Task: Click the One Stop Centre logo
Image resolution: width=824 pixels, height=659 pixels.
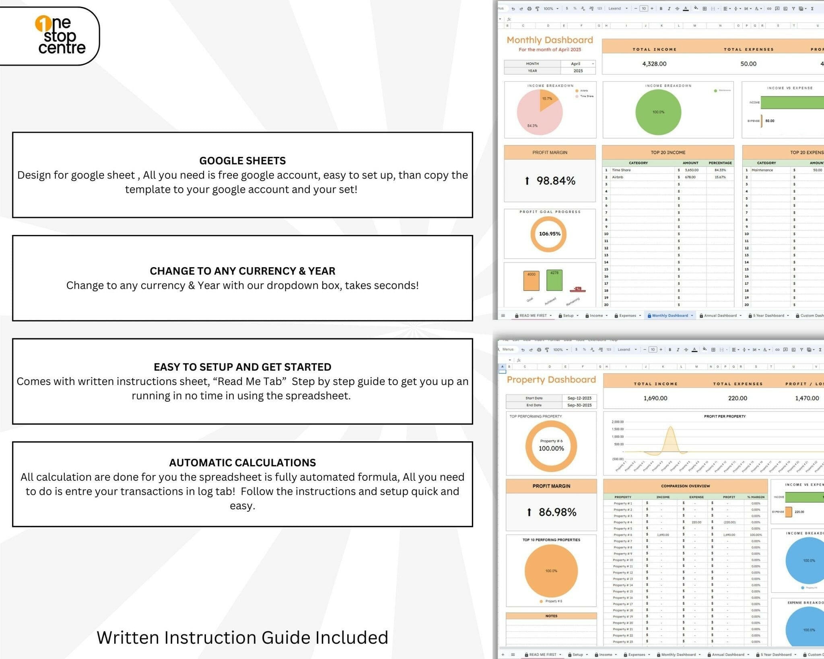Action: coord(60,36)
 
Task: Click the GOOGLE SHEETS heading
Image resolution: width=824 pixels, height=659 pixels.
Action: coord(242,161)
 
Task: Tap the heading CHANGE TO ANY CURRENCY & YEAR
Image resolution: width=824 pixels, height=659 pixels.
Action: coord(242,271)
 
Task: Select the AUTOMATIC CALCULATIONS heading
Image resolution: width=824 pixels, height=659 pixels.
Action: coord(242,462)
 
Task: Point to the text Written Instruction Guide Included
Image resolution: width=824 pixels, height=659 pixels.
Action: coord(242,637)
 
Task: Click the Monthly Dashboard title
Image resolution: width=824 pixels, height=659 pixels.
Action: coord(550,40)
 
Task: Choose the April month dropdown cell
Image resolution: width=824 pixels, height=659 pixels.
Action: coord(578,64)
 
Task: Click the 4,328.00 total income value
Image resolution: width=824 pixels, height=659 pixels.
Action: coord(654,64)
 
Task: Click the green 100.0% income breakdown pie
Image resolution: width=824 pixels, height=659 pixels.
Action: coord(658,112)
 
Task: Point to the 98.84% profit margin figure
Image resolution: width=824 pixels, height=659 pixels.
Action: coord(556,181)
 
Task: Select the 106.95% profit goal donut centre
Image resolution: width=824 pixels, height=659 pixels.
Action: coord(550,234)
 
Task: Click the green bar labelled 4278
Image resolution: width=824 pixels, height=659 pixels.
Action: coord(554,280)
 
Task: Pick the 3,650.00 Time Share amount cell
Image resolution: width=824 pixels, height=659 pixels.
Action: coord(692,170)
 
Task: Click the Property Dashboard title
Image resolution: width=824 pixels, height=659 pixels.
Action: coord(551,379)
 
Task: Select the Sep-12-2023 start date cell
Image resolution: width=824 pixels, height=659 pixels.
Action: coord(579,398)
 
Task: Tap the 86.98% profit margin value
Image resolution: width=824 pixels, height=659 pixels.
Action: coord(557,512)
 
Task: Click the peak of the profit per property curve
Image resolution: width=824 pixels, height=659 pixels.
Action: coord(670,428)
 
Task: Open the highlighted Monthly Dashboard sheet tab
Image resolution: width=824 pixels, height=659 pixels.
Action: coord(670,315)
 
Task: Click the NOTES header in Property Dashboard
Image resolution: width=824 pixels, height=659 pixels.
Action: coord(551,616)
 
